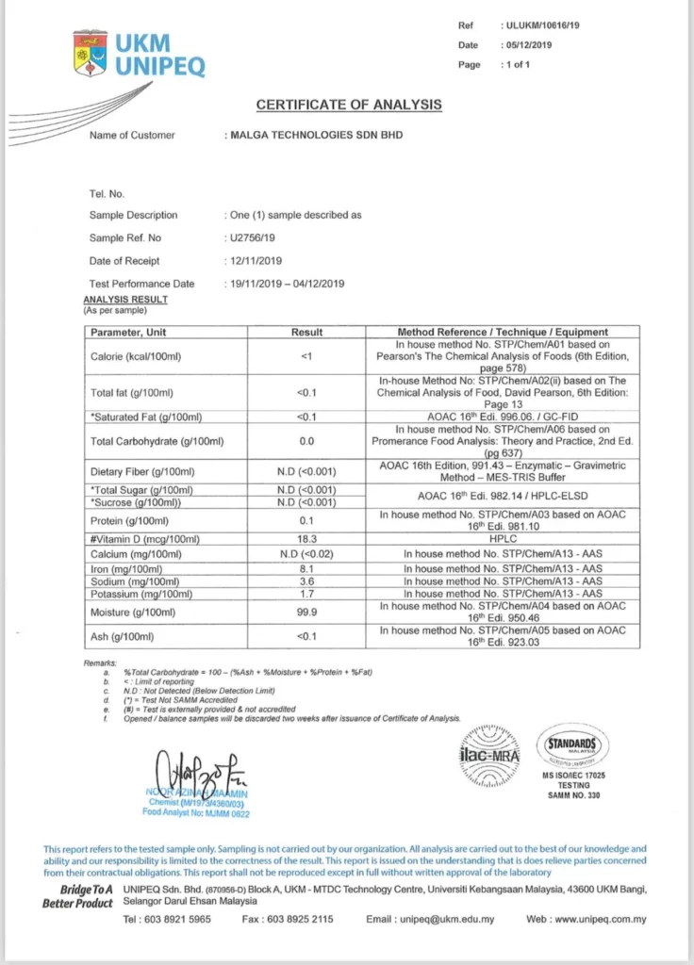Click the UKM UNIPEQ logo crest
pyautogui.click(x=91, y=54)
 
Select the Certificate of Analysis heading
pyautogui.click(x=349, y=105)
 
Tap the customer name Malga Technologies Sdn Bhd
pyautogui.click(x=317, y=136)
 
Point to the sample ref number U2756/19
pyautogui.click(x=253, y=238)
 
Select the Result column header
pyautogui.click(x=306, y=332)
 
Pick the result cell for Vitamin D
pyautogui.click(x=306, y=539)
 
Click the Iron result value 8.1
pyautogui.click(x=306, y=569)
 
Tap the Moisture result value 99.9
pyautogui.click(x=306, y=612)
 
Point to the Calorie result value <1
pyautogui.click(x=306, y=356)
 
